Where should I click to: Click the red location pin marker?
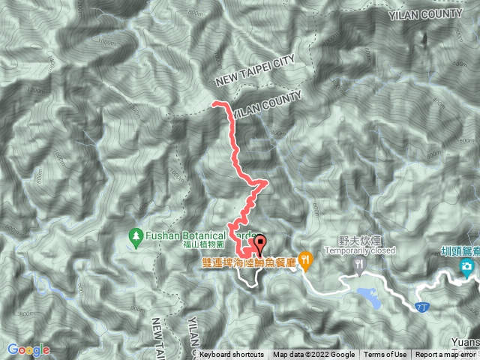[x=260, y=243]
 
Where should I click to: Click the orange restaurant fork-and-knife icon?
[x=306, y=261]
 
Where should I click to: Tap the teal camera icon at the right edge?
[x=466, y=266]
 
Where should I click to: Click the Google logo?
[x=28, y=349]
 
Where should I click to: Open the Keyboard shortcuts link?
[x=232, y=355]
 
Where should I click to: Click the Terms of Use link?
[x=385, y=355]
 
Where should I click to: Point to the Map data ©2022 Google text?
[x=313, y=355]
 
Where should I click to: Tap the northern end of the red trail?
[x=214, y=102]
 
